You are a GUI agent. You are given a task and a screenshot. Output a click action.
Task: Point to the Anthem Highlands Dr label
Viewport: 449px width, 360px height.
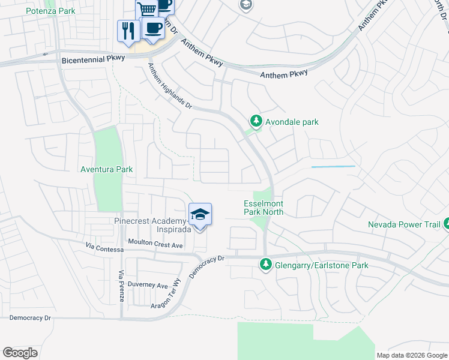point(170,86)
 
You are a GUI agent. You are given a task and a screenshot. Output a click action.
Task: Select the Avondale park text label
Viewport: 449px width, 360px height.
point(292,122)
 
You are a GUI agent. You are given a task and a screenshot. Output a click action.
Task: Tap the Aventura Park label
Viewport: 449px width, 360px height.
point(107,169)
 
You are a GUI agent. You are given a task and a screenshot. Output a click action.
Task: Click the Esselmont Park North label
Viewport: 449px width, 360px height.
point(263,208)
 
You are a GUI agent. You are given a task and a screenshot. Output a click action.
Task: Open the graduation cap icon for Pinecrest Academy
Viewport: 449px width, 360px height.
point(200,214)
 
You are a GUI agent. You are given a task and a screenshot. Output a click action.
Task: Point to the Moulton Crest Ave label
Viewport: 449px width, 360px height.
point(155,245)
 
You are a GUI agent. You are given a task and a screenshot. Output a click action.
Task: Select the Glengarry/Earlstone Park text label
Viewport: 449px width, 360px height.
point(322,265)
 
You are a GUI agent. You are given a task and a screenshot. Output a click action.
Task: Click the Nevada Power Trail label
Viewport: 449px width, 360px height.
point(403,225)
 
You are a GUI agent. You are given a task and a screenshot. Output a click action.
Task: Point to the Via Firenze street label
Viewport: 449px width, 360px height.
point(121,286)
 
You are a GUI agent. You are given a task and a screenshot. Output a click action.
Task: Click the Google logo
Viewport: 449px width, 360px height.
point(20,353)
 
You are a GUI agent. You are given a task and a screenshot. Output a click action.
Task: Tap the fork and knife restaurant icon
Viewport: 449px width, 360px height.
point(128,31)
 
